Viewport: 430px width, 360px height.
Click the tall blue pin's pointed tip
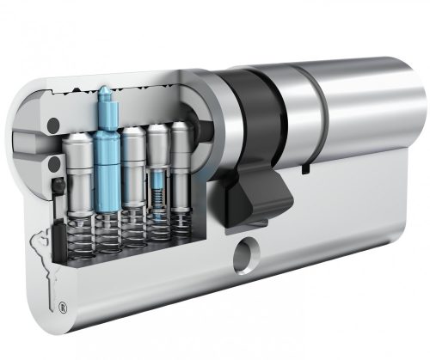click(104, 88)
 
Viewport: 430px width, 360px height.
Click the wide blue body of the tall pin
click(107, 155)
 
